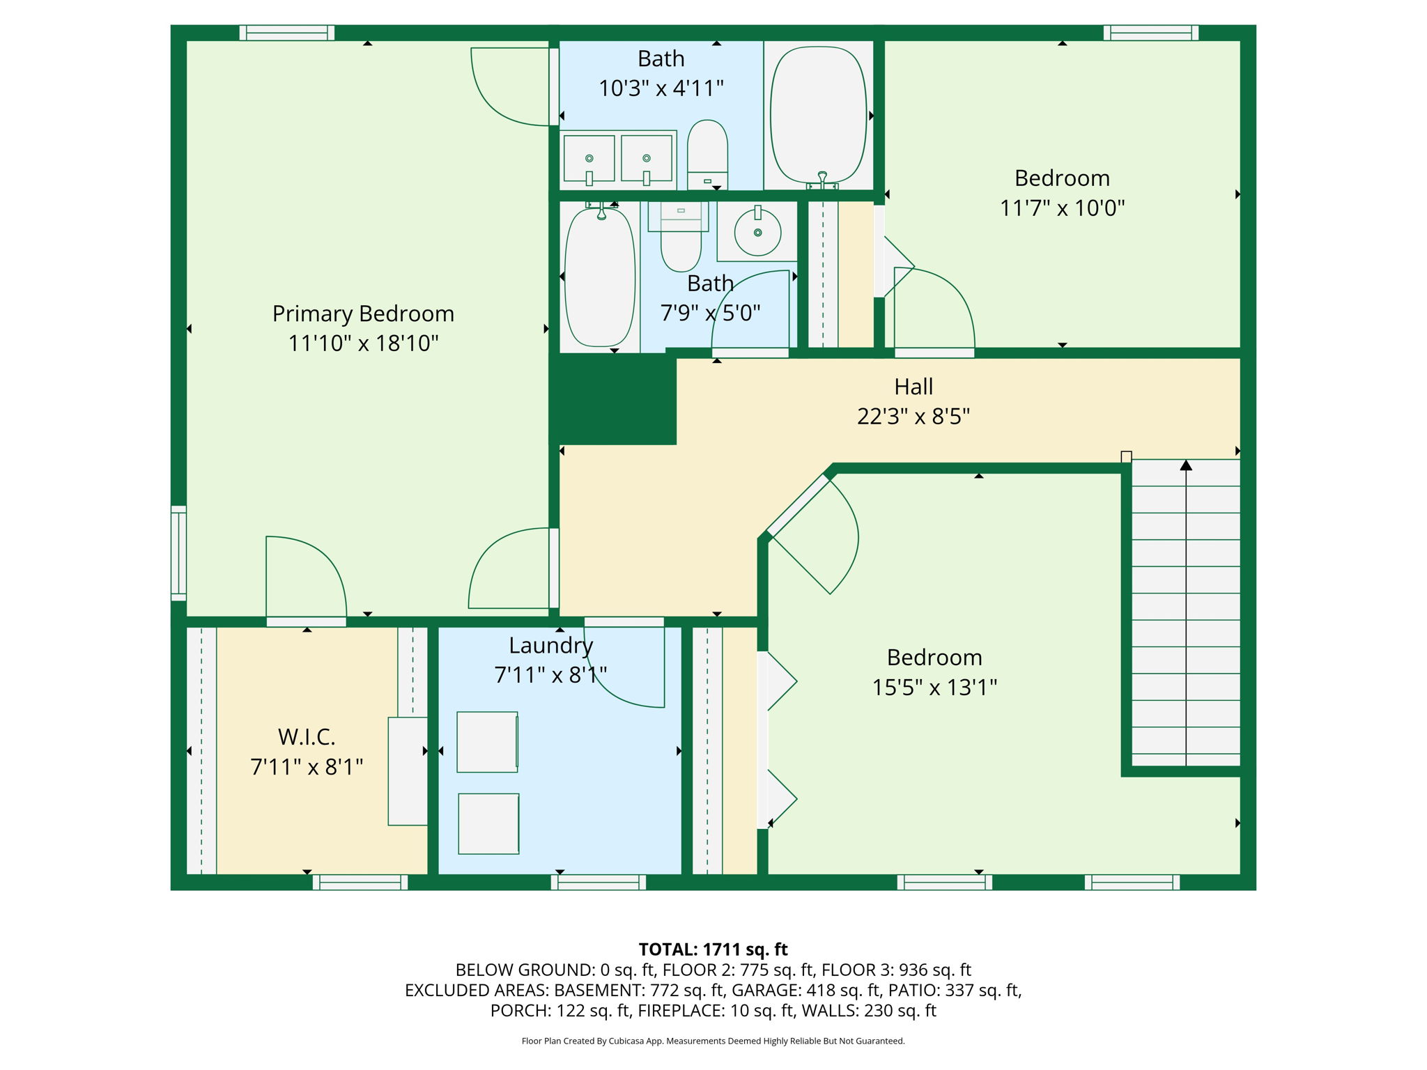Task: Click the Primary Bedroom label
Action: pyautogui.click(x=363, y=314)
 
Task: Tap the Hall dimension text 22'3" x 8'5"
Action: pyautogui.click(x=913, y=417)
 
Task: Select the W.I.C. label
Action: pyautogui.click(x=307, y=736)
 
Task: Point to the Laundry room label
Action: pyautogui.click(x=550, y=646)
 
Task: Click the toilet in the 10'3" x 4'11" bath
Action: pyautogui.click(x=707, y=155)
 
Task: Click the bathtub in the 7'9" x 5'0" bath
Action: pyautogui.click(x=600, y=277)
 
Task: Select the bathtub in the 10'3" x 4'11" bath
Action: pyautogui.click(x=819, y=115)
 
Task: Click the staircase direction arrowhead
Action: pyautogui.click(x=1186, y=465)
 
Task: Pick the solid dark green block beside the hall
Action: pyautogui.click(x=613, y=398)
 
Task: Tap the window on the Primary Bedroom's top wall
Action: pyautogui.click(x=287, y=33)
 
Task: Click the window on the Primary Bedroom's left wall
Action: pyautogui.click(x=179, y=553)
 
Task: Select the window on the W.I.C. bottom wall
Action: pyautogui.click(x=360, y=882)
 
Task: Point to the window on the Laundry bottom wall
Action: pyautogui.click(x=599, y=882)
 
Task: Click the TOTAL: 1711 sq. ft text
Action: pyautogui.click(x=713, y=949)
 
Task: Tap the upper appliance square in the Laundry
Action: pyautogui.click(x=488, y=742)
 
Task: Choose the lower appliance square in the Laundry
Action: pyautogui.click(x=488, y=824)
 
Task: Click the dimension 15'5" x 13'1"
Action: pyautogui.click(x=934, y=688)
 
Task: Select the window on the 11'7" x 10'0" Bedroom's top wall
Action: pyautogui.click(x=1151, y=33)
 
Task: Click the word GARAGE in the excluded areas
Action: pyautogui.click(x=766, y=990)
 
